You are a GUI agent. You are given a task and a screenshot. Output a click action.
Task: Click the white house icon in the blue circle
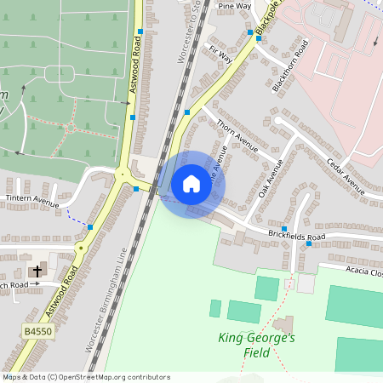point(191,184)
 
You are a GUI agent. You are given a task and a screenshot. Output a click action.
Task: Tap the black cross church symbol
point(36,272)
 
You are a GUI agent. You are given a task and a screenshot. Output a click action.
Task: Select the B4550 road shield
point(37,331)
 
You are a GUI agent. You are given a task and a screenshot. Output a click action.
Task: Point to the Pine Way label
point(235,6)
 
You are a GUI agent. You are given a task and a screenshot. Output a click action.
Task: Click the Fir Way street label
point(220,55)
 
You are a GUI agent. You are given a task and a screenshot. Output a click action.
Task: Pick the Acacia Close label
point(363,272)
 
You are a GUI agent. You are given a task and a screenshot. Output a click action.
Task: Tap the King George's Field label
point(256,345)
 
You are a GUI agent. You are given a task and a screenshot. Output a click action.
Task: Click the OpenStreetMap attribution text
point(85,376)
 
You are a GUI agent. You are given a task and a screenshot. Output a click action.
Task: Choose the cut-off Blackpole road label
point(267,20)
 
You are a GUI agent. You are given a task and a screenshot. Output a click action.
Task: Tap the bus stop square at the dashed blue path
point(90,226)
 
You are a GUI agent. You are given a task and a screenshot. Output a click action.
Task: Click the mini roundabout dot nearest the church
point(81,248)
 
